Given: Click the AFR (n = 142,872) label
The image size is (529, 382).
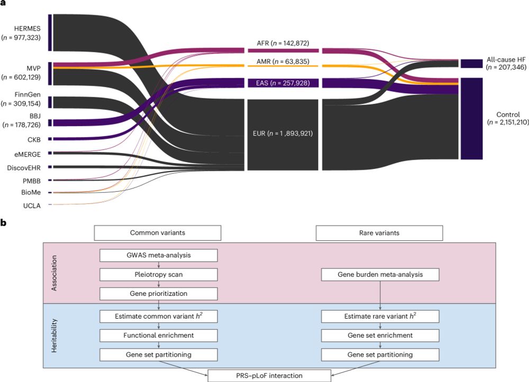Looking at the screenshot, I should [283, 43].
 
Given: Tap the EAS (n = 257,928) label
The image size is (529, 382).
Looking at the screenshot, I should [282, 83].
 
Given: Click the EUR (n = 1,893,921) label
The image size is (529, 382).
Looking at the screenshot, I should [282, 133].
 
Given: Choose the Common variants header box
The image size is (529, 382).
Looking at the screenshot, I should [157, 232].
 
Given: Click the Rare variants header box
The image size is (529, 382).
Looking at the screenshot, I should [379, 232].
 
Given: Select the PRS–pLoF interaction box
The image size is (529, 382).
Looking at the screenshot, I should [269, 376].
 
